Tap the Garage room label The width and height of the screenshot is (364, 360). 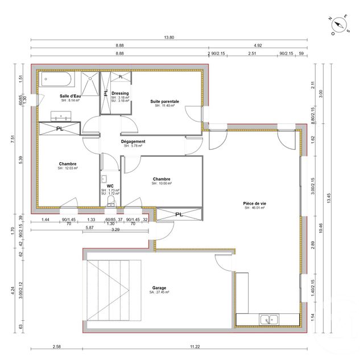point(160,288)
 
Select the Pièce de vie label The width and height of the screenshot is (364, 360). point(255,203)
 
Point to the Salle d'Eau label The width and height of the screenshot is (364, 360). point(71,96)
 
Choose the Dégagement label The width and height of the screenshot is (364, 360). point(133,142)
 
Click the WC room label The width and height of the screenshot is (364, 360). point(110,185)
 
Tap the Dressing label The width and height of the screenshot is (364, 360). point(120,93)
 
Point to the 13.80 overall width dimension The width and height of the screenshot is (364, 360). point(168,37)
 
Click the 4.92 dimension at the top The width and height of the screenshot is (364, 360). point(258,45)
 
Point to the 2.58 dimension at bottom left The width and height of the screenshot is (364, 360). point(57,346)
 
